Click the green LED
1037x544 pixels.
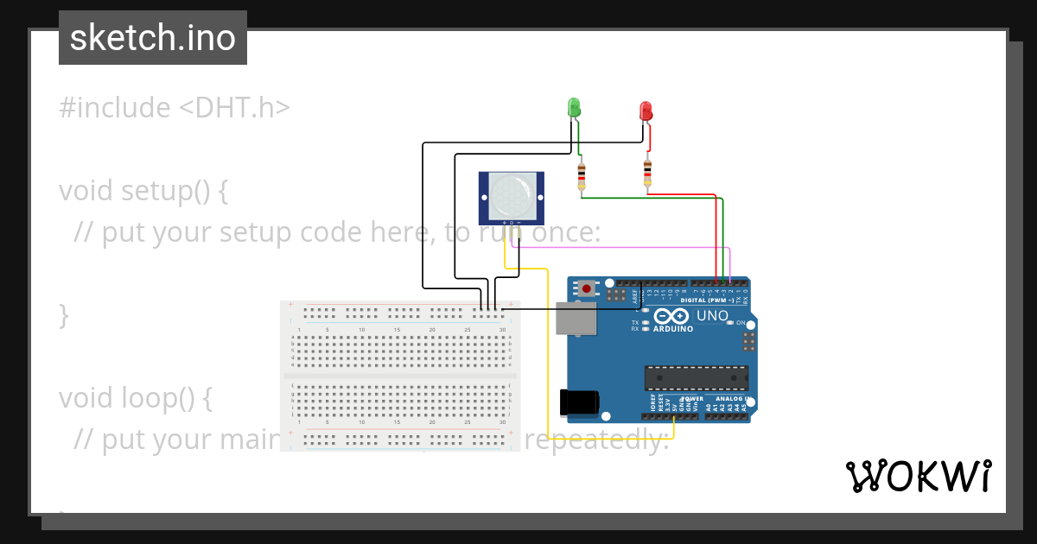pos(573,107)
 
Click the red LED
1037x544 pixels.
pos(646,111)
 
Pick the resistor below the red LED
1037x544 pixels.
pos(647,173)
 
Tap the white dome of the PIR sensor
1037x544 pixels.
pos(511,194)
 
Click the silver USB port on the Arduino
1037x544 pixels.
pos(575,319)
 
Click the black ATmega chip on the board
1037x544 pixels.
pos(696,377)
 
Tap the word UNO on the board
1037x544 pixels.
pos(712,316)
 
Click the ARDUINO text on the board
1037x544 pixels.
pos(672,329)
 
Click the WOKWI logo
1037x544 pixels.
pos(918,476)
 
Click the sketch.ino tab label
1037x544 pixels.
pos(153,38)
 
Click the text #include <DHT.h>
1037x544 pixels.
pos(174,108)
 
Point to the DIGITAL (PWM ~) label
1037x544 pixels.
pos(706,300)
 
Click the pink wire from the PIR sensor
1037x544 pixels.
pos(622,247)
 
